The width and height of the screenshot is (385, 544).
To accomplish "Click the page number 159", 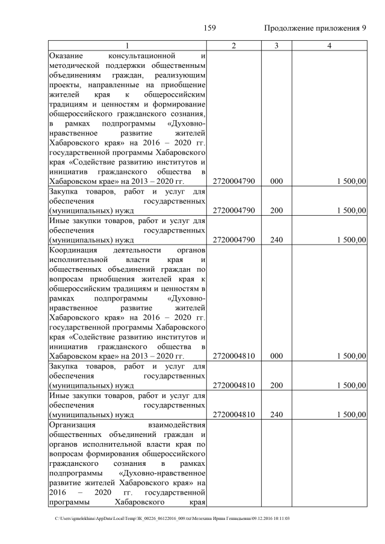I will click(209, 28).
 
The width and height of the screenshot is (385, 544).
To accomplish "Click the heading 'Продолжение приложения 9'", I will click(315, 28).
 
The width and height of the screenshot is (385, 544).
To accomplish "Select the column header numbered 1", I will click(127, 46).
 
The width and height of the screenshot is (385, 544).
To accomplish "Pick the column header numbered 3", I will click(276, 46).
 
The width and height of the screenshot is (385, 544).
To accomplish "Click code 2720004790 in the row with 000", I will click(234, 180).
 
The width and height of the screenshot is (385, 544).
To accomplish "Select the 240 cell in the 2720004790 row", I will click(276, 240).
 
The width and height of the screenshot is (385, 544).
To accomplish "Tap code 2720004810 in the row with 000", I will click(234, 356).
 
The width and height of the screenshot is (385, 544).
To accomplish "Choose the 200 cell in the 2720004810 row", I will click(276, 385).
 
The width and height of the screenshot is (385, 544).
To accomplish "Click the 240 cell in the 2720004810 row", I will click(276, 415).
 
